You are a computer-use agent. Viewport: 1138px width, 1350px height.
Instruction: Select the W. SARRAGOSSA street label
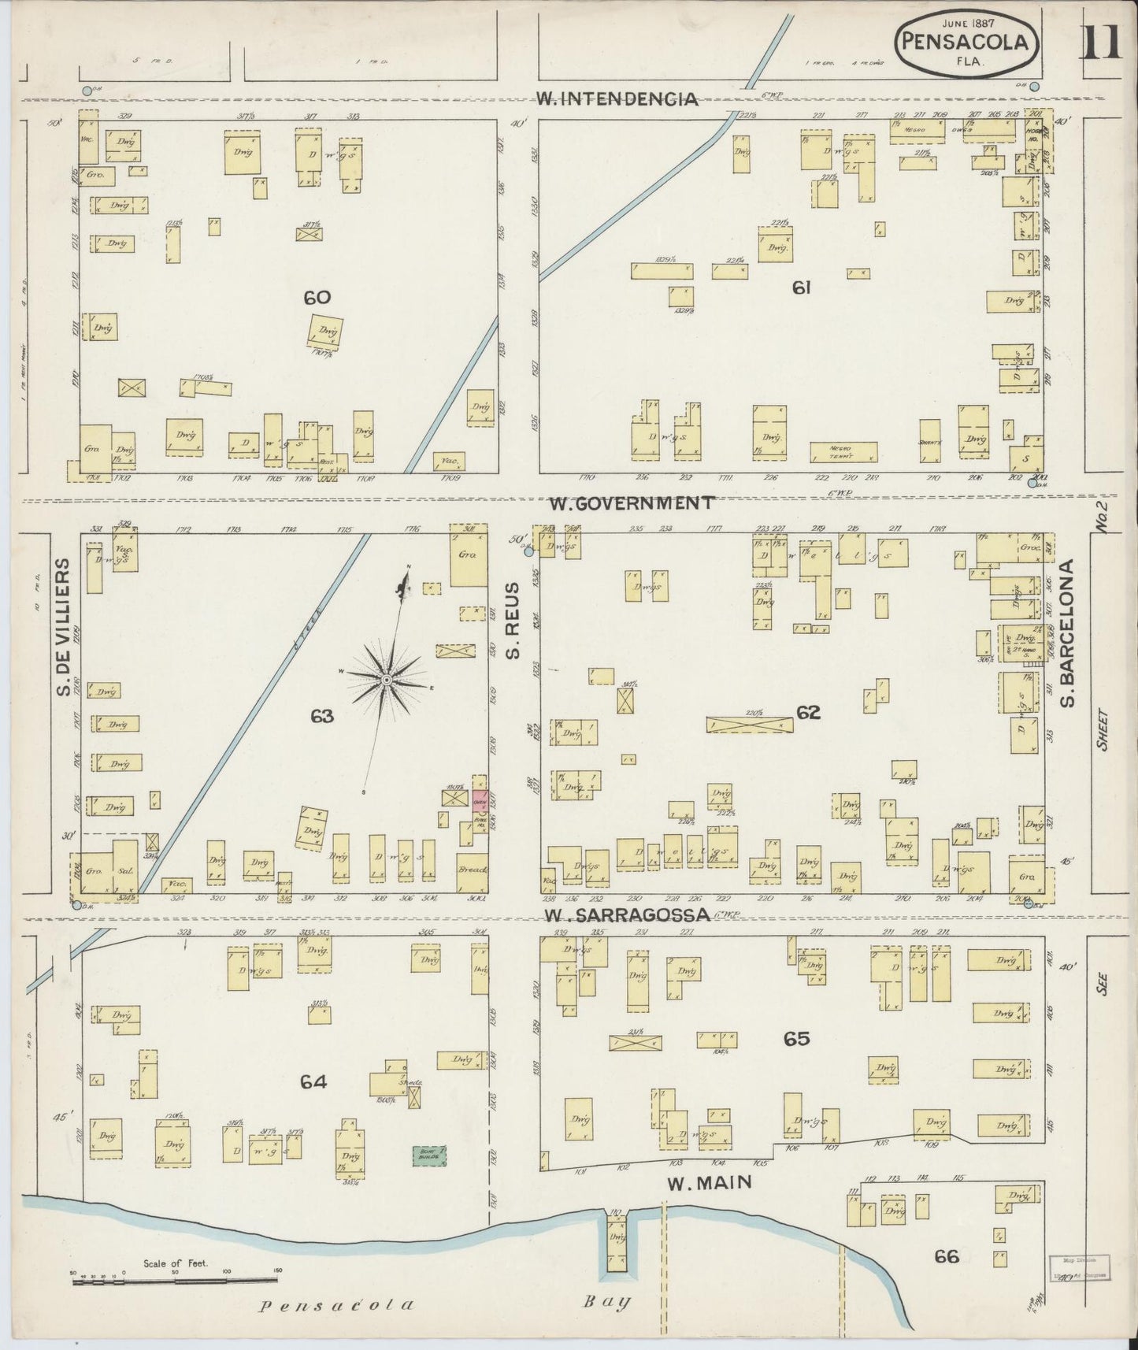[628, 914]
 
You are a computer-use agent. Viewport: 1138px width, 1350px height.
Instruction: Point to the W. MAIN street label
[708, 1182]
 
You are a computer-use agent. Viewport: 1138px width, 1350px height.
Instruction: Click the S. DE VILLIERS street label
[63, 628]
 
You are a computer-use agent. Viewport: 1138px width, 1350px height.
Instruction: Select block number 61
[801, 288]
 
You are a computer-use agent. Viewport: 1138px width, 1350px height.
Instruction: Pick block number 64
[313, 1082]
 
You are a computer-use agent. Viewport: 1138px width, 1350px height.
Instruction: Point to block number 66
[946, 1257]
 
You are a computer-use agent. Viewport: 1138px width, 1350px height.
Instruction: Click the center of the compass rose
[387, 680]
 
